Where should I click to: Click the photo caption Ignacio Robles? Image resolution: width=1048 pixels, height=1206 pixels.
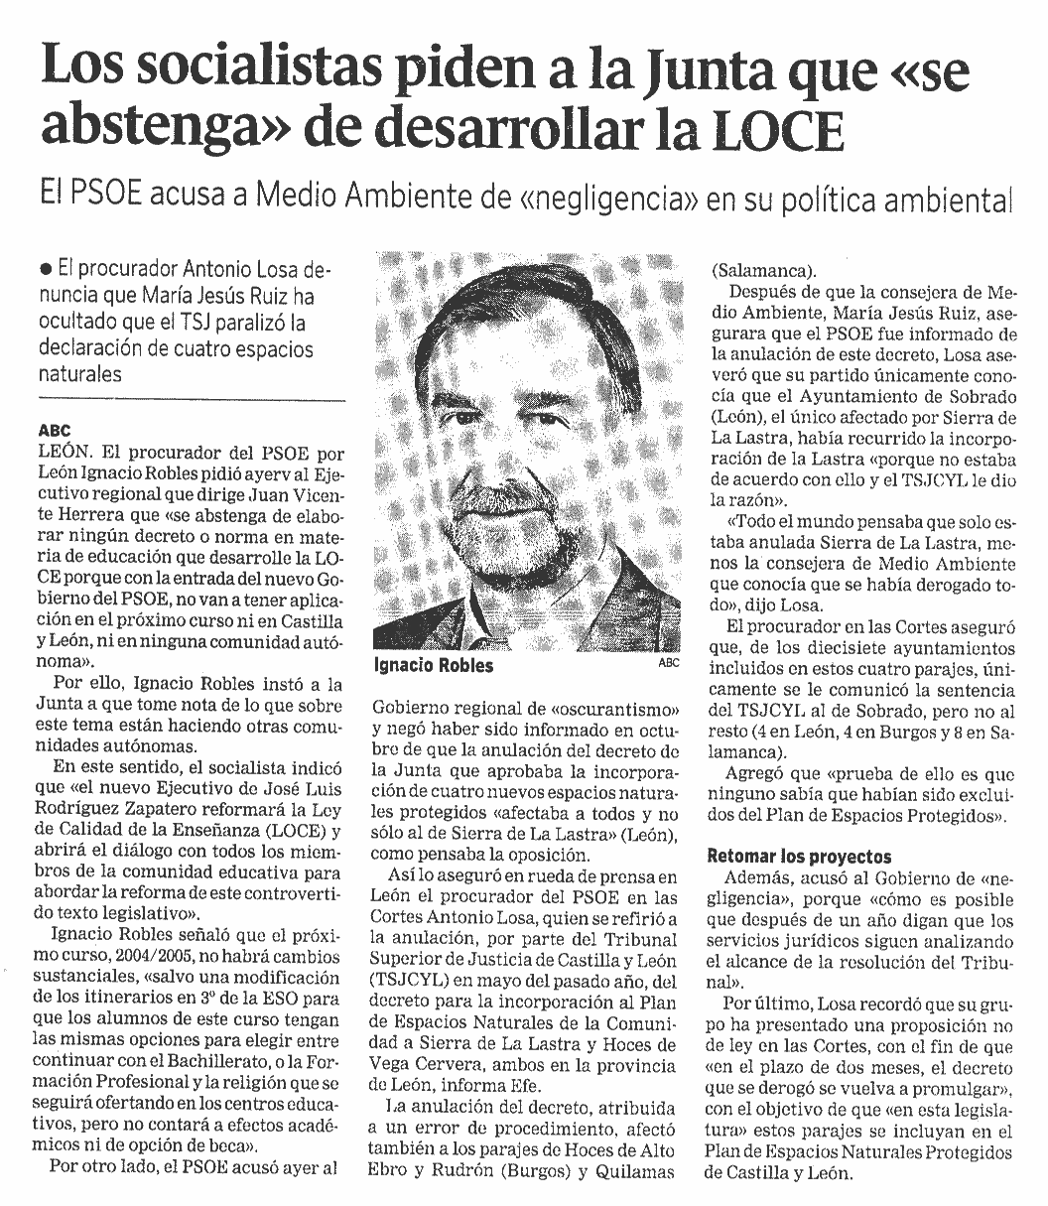click(x=433, y=665)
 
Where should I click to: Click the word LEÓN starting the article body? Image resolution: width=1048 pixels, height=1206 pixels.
click(x=61, y=451)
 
